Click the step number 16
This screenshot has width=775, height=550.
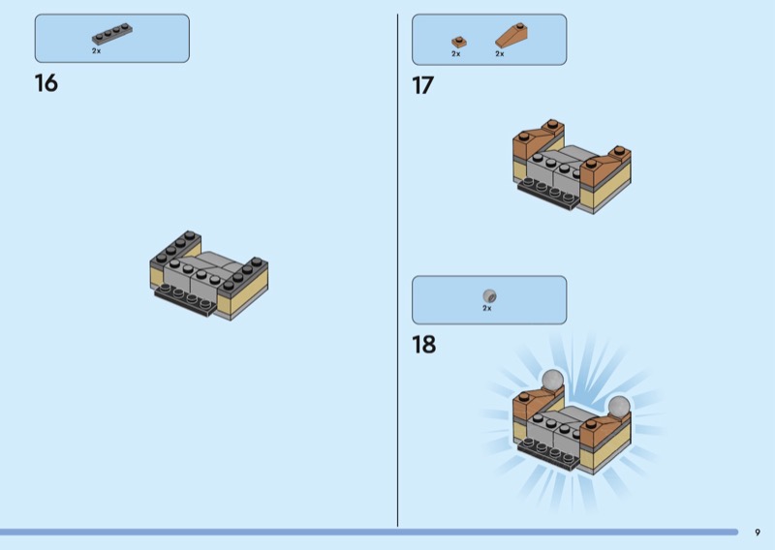[x=46, y=83]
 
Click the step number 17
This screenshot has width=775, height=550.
[x=422, y=85]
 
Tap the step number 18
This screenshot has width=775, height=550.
[x=423, y=345]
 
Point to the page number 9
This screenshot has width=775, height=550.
[x=758, y=533]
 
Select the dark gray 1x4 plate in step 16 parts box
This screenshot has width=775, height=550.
[x=112, y=34]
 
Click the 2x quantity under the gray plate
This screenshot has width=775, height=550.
[x=96, y=51]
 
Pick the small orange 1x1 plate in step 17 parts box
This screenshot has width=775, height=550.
[x=458, y=42]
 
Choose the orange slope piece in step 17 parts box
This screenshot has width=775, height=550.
[x=511, y=36]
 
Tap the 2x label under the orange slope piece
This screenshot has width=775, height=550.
[x=500, y=54]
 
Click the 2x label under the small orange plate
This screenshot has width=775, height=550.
[x=455, y=54]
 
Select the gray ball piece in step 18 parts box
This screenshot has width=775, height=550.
[x=489, y=296]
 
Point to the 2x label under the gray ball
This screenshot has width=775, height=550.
[x=487, y=308]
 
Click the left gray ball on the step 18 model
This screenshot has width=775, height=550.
[x=552, y=380]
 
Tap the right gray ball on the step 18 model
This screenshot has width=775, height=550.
[x=619, y=407]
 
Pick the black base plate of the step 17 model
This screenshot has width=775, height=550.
[x=548, y=195]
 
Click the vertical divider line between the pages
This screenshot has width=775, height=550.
[x=398, y=270]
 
